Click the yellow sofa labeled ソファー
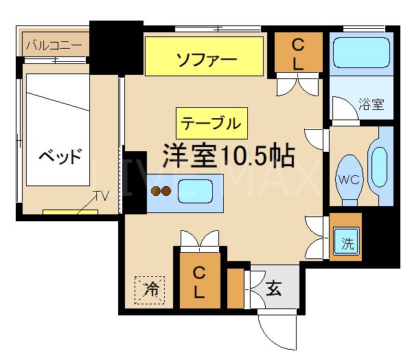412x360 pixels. click(x=204, y=57)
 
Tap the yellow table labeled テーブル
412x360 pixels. click(x=211, y=123)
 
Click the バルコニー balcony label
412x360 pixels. click(x=54, y=46)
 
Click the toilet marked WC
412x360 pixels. click(x=348, y=177)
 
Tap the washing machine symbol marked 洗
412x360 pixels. click(x=347, y=242)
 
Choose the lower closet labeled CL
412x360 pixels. click(x=198, y=280)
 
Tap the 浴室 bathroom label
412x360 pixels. click(x=371, y=105)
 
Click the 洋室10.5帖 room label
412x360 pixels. click(x=228, y=155)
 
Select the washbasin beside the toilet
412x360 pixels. click(x=379, y=166)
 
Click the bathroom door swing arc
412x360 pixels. click(x=341, y=109)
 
